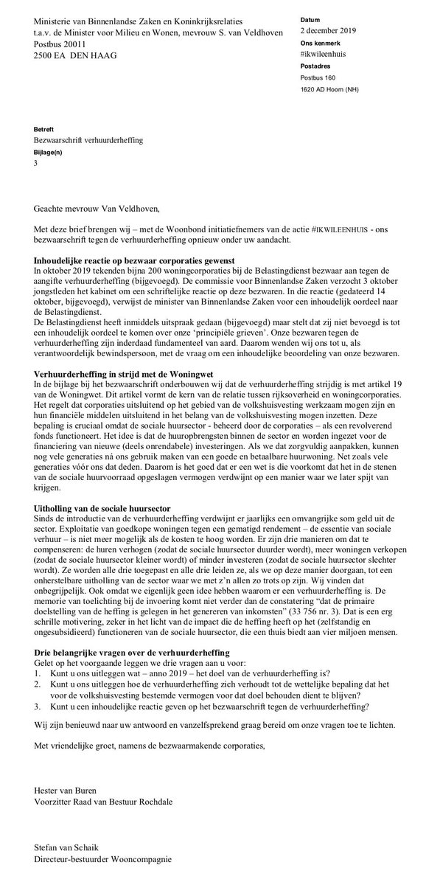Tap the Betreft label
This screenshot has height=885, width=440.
pyautogui.click(x=44, y=127)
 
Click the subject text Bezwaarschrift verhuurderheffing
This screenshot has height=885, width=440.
pyautogui.click(x=88, y=139)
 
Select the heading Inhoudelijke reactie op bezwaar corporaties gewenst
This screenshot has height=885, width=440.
pyautogui.click(x=134, y=262)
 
